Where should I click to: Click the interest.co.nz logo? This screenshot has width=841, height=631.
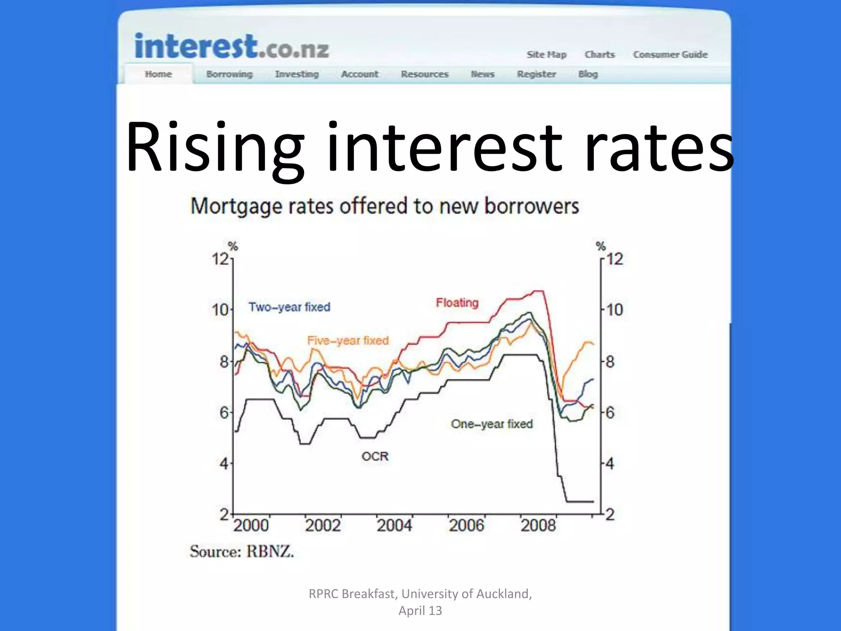pyautogui.click(x=232, y=46)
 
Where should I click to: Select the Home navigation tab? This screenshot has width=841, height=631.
pyautogui.click(x=158, y=74)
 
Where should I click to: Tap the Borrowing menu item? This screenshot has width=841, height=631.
pyautogui.click(x=229, y=74)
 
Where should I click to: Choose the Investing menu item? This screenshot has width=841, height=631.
pyautogui.click(x=296, y=74)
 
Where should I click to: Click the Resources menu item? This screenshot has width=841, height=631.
pyautogui.click(x=425, y=74)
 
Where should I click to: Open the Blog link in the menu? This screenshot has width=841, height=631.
pyautogui.click(x=588, y=74)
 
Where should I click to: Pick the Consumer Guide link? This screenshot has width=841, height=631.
pyautogui.click(x=670, y=55)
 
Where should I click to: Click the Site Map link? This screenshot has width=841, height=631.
pyautogui.click(x=546, y=55)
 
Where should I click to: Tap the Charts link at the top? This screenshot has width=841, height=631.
pyautogui.click(x=600, y=55)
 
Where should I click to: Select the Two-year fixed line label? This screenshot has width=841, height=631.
pyautogui.click(x=289, y=307)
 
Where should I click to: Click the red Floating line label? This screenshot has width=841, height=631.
pyautogui.click(x=457, y=303)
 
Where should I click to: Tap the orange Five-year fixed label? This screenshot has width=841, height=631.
pyautogui.click(x=348, y=341)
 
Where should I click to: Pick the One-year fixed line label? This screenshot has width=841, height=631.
pyautogui.click(x=492, y=424)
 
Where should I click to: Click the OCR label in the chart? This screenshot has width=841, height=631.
pyautogui.click(x=375, y=456)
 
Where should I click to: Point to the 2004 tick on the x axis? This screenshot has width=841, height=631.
pyautogui.click(x=394, y=525)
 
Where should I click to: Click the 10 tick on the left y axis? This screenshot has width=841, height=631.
pyautogui.click(x=220, y=310)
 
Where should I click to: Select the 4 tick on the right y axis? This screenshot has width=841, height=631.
pyautogui.click(x=610, y=464)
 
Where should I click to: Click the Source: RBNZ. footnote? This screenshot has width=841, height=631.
pyautogui.click(x=242, y=551)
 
